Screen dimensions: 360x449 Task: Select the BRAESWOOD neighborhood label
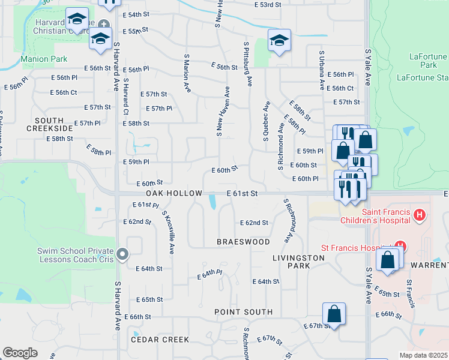[x=243, y=242]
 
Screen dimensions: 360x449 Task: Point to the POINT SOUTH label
[x=244, y=312]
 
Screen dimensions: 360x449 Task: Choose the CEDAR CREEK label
[x=160, y=340]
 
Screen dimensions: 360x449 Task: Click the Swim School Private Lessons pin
[x=123, y=255]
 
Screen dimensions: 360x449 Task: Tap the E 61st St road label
[x=242, y=193]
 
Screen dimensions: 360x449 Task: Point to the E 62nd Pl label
[x=145, y=205]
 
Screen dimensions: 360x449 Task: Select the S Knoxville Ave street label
[x=167, y=232]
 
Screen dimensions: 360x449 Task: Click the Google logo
[x=20, y=353]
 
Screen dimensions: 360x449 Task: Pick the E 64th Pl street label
[x=210, y=274]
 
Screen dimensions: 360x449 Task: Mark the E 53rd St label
[x=268, y=5]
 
